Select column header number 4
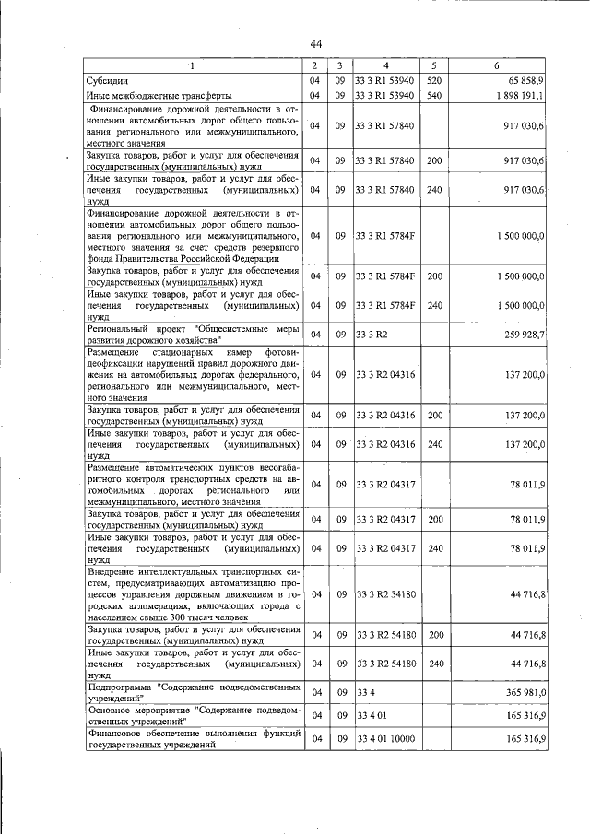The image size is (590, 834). tap(386, 65)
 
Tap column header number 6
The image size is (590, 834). tap(497, 65)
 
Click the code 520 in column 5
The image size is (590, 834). tap(434, 81)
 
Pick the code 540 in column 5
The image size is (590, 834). tap(434, 95)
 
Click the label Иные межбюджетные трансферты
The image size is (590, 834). tap(158, 95)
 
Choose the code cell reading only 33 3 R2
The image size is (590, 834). tap(371, 334)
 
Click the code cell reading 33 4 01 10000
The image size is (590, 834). tap(386, 739)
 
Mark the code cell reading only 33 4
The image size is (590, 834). tap(365, 692)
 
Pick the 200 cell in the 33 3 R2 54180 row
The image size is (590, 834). tap(434, 635)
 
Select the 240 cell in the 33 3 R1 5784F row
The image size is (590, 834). tap(434, 305)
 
